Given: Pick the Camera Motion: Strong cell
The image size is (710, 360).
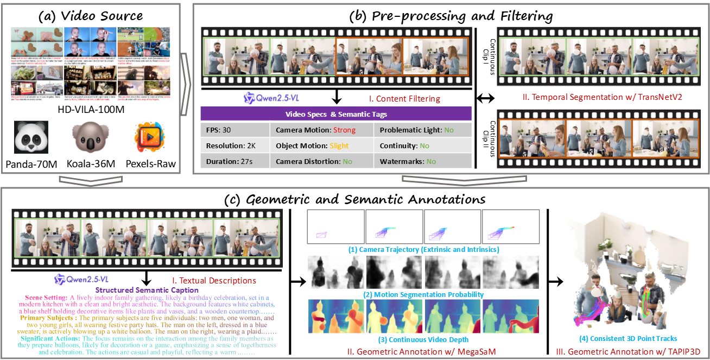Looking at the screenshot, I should [x=321, y=130].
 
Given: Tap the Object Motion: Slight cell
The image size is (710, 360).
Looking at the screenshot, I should [x=321, y=146].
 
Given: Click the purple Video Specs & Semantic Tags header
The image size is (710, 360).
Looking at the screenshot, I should [x=336, y=114].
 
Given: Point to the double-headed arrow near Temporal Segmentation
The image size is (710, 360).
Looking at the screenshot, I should [x=485, y=98].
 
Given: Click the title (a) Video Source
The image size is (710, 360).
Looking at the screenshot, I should [x=91, y=15].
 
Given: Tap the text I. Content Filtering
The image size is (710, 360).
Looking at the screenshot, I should [x=401, y=99].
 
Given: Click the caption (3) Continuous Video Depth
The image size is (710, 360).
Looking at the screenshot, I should [x=423, y=340].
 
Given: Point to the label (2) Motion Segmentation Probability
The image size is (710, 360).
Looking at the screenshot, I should [x=423, y=295].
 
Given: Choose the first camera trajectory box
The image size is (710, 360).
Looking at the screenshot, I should [x=335, y=227].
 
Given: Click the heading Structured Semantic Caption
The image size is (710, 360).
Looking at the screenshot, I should [x=145, y=290].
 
